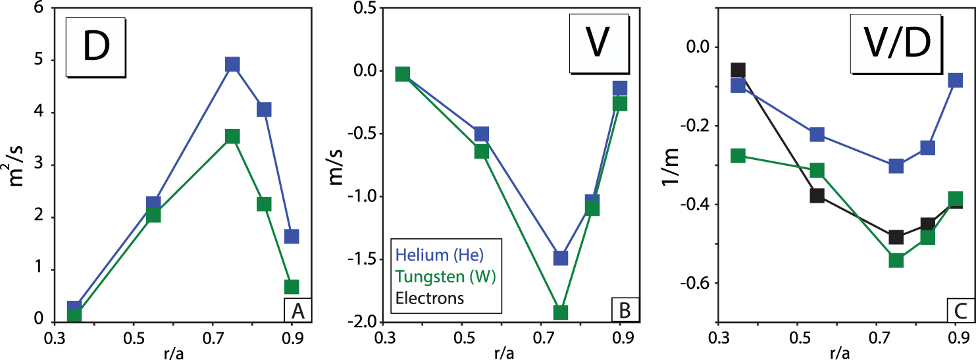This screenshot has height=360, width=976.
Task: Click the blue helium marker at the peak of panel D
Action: tap(232, 64)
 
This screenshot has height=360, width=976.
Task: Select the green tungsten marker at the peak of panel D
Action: tap(232, 136)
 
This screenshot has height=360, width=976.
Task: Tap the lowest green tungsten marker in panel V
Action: tap(560, 312)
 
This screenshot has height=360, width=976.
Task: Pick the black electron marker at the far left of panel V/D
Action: tap(738, 70)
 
